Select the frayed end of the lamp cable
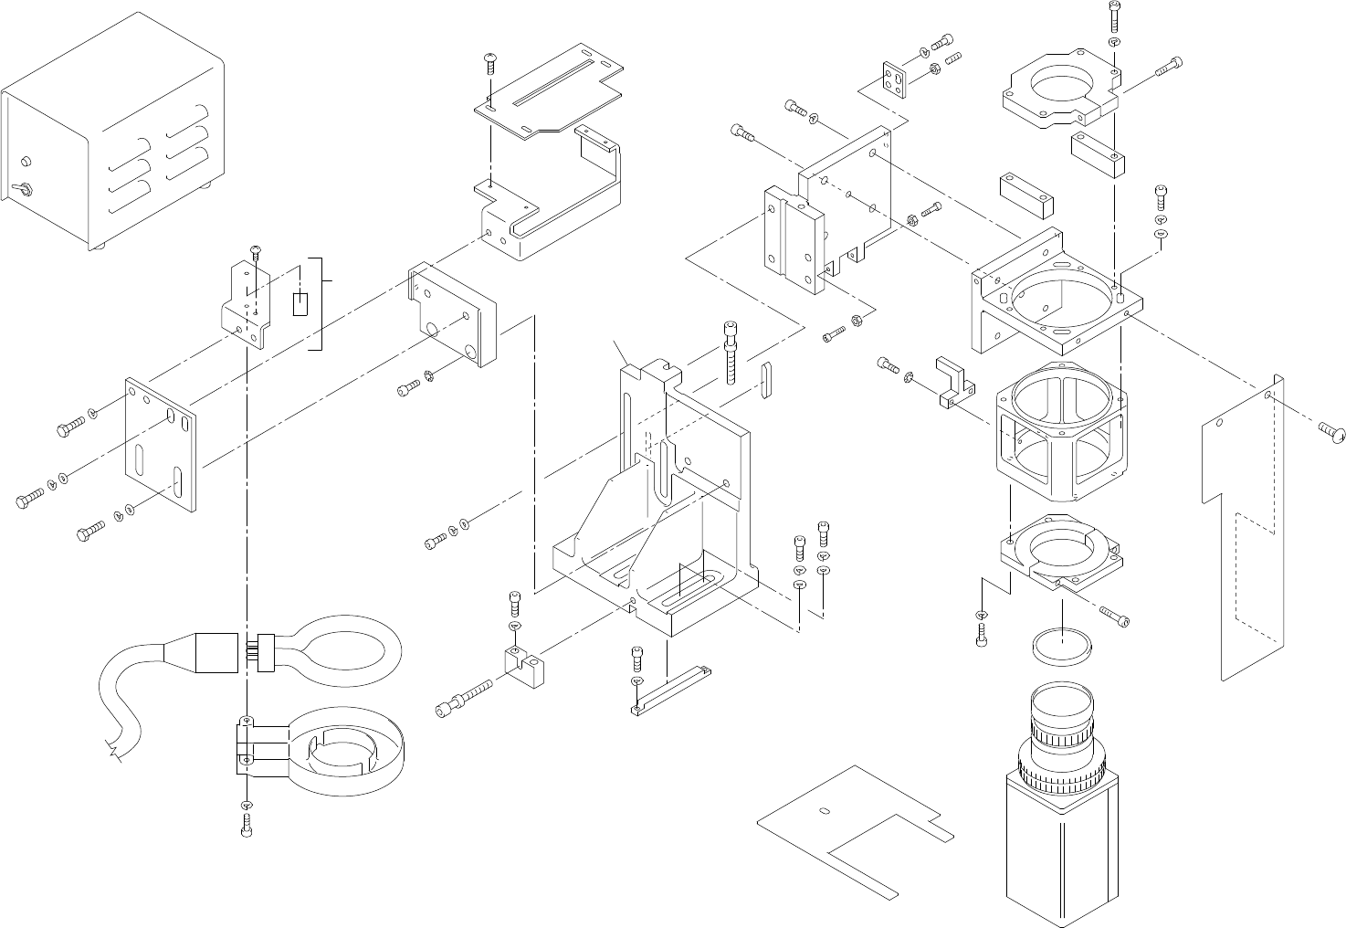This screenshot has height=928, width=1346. (x=115, y=751)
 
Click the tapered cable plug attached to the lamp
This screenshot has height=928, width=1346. (x=206, y=653)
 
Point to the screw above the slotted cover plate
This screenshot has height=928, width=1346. (x=490, y=62)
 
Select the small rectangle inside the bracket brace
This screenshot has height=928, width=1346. (x=300, y=303)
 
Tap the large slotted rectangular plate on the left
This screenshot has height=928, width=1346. (x=161, y=442)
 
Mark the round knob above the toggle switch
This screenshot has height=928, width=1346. (x=26, y=163)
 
